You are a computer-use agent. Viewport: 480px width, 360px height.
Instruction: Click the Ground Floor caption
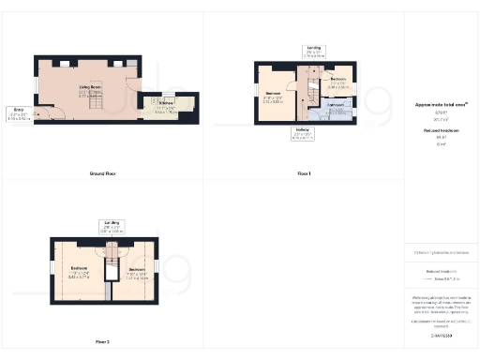pos(102,174)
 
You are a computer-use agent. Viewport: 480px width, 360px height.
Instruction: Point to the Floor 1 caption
pos(303,174)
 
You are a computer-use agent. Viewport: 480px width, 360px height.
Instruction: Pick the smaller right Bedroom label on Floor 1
pos(339,82)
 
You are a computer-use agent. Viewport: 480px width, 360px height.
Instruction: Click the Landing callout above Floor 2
pos(112,226)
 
